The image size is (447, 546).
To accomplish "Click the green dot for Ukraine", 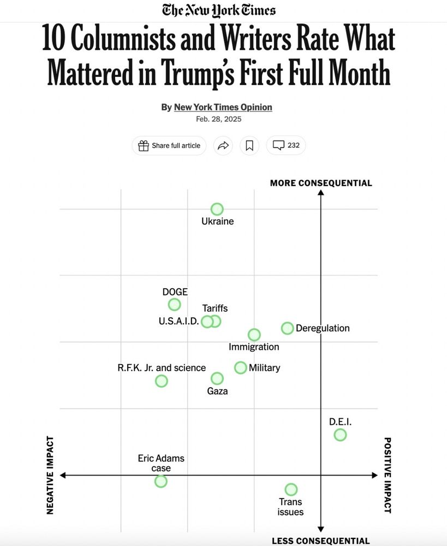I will click(217, 209).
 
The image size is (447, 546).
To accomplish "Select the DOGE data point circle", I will click(174, 305).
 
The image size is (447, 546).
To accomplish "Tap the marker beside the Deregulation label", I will click(287, 328).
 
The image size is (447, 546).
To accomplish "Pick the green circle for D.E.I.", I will click(340, 435).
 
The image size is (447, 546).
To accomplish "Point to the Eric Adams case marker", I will click(160, 481).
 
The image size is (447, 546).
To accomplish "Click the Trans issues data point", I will click(291, 489).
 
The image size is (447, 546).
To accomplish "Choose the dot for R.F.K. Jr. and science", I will click(161, 381).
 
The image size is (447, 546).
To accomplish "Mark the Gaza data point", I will click(217, 378).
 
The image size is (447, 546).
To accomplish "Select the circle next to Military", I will click(241, 367).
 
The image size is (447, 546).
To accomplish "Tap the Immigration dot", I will click(254, 335).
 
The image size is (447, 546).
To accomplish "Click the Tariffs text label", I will click(215, 308).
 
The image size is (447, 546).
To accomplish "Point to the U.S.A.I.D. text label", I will click(178, 321).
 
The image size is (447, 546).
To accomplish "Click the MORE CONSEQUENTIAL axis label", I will click(321, 183).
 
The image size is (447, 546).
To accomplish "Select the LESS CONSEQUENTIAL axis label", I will click(321, 541).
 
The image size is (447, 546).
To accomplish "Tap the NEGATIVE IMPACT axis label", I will click(50, 475).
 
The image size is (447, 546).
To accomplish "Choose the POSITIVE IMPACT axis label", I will click(388, 475).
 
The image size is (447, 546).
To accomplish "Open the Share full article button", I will click(169, 145).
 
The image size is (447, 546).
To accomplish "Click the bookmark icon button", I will click(249, 145).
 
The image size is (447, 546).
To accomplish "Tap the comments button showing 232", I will click(286, 145).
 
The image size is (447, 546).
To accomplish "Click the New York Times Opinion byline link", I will click(223, 107).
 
